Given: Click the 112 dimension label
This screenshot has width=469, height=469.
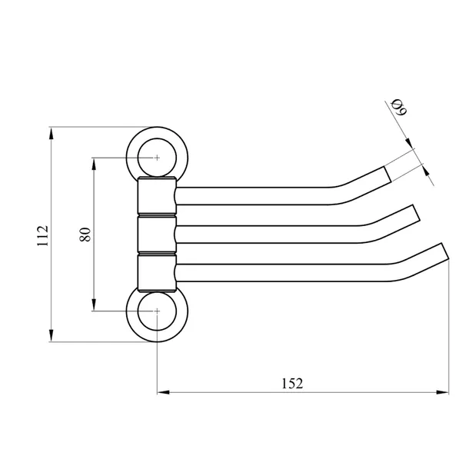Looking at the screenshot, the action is click(x=42, y=236).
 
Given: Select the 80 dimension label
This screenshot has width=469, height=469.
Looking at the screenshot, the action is click(x=85, y=234).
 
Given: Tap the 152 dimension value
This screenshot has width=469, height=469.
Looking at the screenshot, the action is click(x=292, y=384).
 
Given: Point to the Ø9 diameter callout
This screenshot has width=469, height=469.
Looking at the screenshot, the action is click(x=399, y=107).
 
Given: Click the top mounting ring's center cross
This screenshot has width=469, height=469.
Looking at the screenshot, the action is click(x=157, y=158).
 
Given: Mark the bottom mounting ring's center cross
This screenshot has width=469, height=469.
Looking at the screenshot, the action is click(x=157, y=311).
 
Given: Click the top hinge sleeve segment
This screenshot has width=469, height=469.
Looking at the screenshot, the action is click(x=157, y=195).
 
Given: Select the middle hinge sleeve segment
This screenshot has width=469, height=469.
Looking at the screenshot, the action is click(x=157, y=234).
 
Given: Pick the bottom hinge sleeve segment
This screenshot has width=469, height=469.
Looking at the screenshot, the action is click(x=157, y=272).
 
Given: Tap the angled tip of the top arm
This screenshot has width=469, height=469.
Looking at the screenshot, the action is click(x=388, y=174).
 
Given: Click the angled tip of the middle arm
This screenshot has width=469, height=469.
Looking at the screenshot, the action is click(x=417, y=213).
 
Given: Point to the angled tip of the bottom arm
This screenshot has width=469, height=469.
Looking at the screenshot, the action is click(x=445, y=251).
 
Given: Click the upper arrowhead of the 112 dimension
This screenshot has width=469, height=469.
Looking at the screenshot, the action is click(x=52, y=133).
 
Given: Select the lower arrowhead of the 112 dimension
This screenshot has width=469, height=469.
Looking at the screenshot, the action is click(x=52, y=335).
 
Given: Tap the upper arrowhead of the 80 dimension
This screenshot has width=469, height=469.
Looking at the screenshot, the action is click(x=94, y=164).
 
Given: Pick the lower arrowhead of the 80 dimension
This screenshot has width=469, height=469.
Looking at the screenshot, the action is click(x=94, y=304).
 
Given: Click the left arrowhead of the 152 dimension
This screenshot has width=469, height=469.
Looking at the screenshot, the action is click(x=163, y=392).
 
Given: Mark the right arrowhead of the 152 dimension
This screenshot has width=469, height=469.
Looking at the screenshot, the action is click(x=443, y=392).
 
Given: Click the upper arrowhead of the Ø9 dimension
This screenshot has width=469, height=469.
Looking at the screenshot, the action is click(x=410, y=143).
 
